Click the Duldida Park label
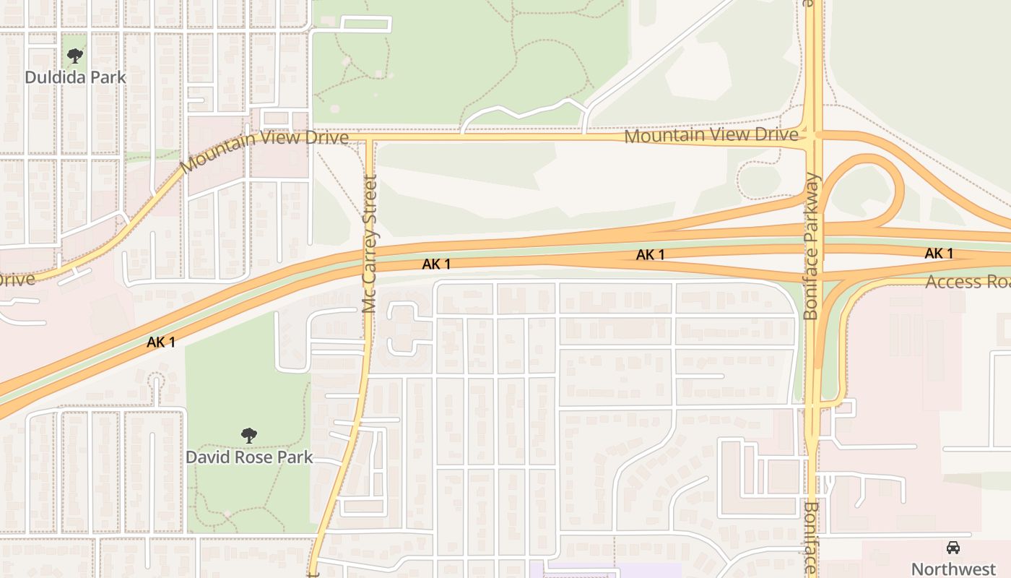(x=75, y=77)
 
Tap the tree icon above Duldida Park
(x=75, y=56)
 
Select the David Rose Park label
(x=249, y=457)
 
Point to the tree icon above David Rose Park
(x=249, y=435)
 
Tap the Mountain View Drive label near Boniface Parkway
(x=711, y=135)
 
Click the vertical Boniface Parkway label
(x=812, y=246)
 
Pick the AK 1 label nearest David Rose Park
(x=161, y=342)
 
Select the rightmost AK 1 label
(x=939, y=254)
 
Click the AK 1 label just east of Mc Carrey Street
(x=436, y=264)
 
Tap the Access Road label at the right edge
(x=968, y=282)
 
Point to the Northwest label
(x=953, y=569)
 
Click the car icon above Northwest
(x=953, y=547)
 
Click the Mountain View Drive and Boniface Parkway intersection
(x=813, y=135)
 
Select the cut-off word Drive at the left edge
(x=16, y=279)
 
